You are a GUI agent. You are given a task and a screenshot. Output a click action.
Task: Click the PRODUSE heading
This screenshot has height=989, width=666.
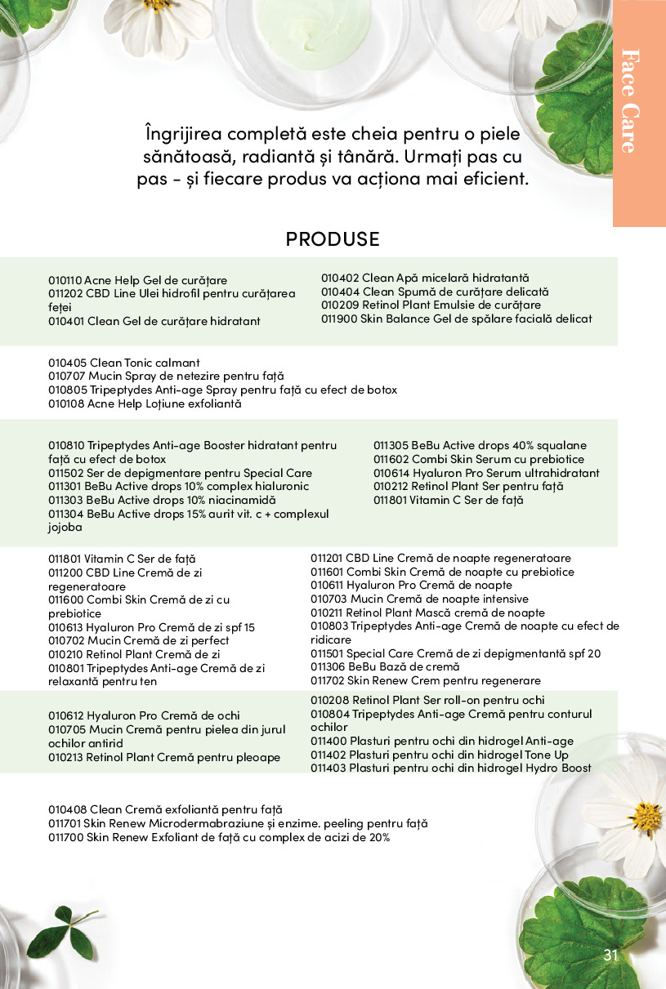pyautogui.click(x=333, y=239)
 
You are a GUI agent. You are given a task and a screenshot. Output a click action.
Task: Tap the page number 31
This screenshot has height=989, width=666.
pyautogui.click(x=611, y=956)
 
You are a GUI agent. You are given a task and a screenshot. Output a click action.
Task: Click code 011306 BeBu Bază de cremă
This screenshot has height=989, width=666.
pyautogui.click(x=327, y=666)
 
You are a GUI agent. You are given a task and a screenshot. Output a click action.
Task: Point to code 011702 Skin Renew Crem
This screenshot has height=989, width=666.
pyautogui.click(x=327, y=680)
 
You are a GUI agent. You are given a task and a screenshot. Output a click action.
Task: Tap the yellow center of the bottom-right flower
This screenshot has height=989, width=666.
pyautogui.click(x=645, y=817)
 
